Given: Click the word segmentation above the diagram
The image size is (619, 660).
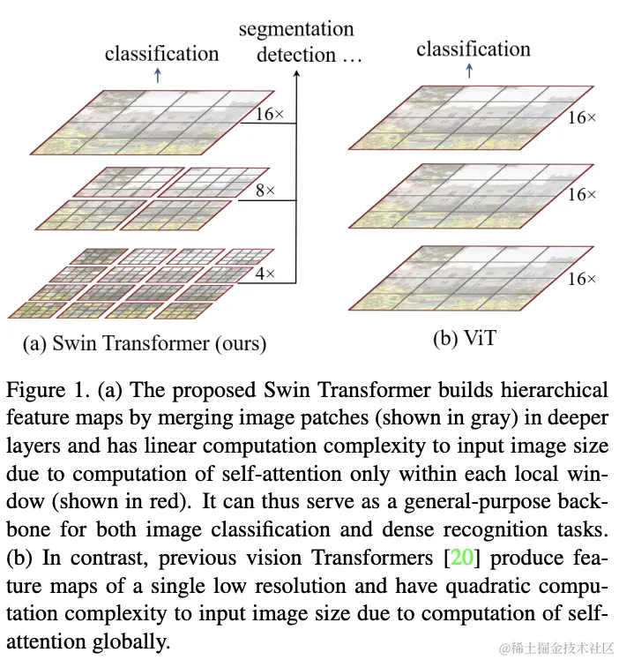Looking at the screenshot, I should (x=295, y=29).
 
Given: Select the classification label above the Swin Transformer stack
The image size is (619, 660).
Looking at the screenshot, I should (x=161, y=53).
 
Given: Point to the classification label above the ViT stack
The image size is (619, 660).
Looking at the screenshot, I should (x=474, y=48).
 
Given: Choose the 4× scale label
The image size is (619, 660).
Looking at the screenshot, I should (x=265, y=274).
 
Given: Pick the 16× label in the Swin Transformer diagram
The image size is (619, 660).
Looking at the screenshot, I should (x=264, y=114).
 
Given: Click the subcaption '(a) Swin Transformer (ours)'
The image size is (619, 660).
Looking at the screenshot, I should (x=148, y=342).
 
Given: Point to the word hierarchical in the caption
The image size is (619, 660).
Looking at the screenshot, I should (x=552, y=389).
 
